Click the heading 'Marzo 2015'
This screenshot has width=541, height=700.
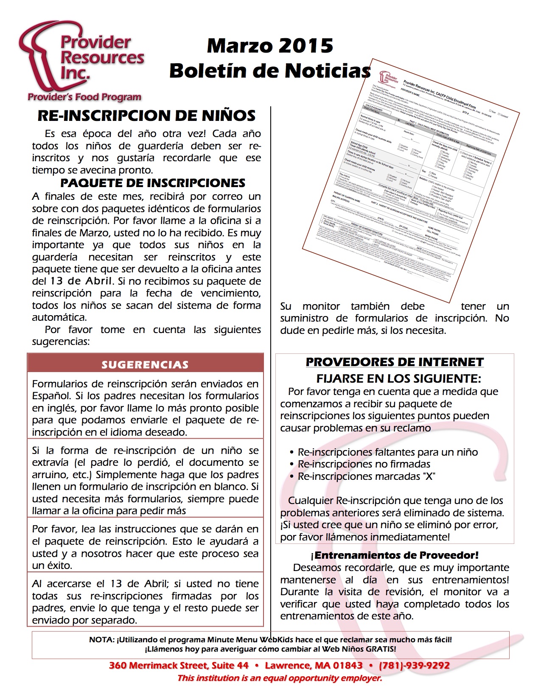click(x=270, y=46)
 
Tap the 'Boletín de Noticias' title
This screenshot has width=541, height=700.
click(x=270, y=70)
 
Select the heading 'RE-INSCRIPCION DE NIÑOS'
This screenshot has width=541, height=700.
click(x=146, y=115)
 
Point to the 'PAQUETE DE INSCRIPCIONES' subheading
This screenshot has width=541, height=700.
click(x=153, y=183)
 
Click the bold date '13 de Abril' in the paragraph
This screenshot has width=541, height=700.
click(x=81, y=281)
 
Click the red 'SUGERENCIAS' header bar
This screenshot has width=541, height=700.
click(x=145, y=364)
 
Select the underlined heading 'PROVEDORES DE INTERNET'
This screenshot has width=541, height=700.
click(x=395, y=362)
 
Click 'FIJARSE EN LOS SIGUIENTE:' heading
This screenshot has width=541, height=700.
click(x=398, y=378)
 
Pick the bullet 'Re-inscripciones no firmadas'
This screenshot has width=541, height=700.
click(x=364, y=464)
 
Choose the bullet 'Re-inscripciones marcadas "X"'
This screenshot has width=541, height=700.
click(x=366, y=476)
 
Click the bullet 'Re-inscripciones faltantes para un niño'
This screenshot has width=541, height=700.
click(x=387, y=452)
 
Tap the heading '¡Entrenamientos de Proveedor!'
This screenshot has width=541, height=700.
click(x=395, y=555)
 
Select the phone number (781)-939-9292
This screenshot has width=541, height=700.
click(x=414, y=665)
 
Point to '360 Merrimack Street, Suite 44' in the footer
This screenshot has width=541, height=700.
click(x=179, y=665)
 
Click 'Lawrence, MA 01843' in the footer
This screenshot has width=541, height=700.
click(x=314, y=665)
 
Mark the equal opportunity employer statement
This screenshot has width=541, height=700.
click(x=280, y=678)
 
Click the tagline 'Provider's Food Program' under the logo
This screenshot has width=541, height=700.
click(x=84, y=97)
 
